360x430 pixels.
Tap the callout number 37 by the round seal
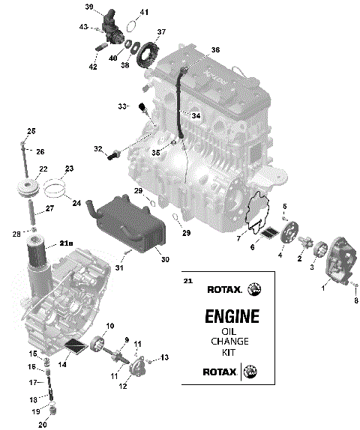pos(160,32)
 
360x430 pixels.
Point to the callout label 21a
pos(67,244)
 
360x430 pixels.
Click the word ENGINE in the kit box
pos(232,316)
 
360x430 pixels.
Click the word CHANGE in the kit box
pos(232,342)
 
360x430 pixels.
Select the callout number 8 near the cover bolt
pos(355,301)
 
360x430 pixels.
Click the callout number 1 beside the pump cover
pos(324,286)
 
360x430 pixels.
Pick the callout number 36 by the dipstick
pos(215,49)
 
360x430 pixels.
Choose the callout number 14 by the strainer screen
pos(62,363)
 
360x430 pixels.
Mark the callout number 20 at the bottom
pos(43,425)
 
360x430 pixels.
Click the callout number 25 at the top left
pos(31,131)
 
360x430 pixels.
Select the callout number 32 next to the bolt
pos(97,149)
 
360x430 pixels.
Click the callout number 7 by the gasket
pos(238,238)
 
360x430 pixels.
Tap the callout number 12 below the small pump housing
pos(122,386)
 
